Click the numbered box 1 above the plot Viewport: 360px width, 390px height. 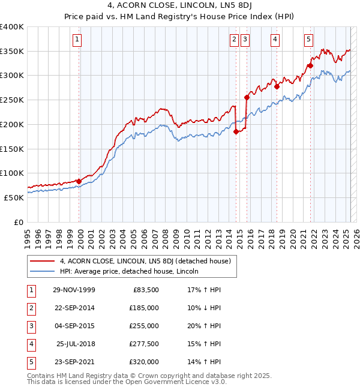(x=79, y=40)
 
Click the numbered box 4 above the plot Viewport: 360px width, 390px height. (x=275, y=40)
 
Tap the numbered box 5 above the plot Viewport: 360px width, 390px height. (x=308, y=40)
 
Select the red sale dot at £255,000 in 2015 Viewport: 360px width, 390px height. (x=247, y=97)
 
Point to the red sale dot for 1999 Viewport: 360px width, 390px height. (x=79, y=181)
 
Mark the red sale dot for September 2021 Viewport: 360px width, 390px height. (x=310, y=65)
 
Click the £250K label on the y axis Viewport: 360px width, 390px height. (x=12, y=100)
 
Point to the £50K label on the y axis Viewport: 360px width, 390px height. (x=14, y=197)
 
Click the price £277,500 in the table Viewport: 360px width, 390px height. (x=144, y=344)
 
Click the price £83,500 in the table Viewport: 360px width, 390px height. (x=146, y=290)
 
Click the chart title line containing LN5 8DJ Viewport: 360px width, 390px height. (x=180, y=7)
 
